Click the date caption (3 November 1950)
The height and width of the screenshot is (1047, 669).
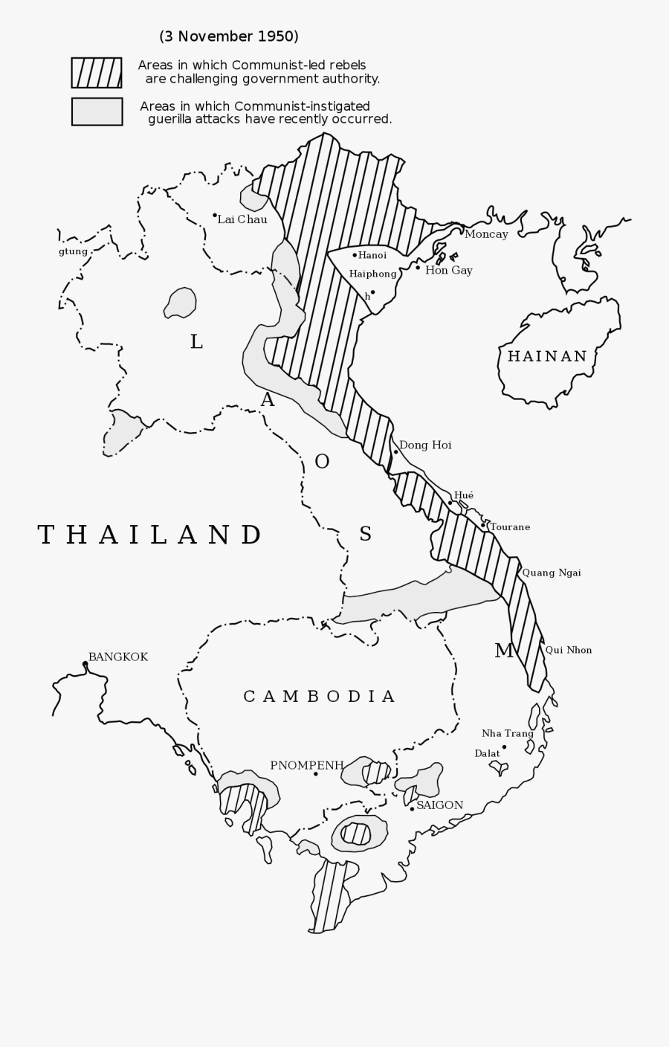click(x=229, y=36)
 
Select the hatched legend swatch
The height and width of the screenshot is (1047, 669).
click(x=97, y=73)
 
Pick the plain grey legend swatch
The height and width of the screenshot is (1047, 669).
click(x=97, y=112)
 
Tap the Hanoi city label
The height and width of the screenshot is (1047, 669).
click(x=372, y=255)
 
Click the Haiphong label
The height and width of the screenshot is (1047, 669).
click(x=372, y=274)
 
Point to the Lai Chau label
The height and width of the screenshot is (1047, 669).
click(x=242, y=219)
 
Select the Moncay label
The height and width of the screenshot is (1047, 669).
click(x=486, y=234)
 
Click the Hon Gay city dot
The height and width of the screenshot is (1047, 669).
click(x=418, y=268)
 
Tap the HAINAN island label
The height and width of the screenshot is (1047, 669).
click(x=547, y=356)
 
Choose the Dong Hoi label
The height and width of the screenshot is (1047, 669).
click(x=425, y=445)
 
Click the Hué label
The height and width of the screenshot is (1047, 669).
click(x=464, y=495)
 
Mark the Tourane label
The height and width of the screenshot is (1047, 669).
click(x=510, y=527)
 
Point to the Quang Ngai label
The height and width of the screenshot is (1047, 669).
click(x=552, y=573)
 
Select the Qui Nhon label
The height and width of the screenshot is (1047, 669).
click(x=569, y=650)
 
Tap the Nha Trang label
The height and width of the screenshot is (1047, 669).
click(x=508, y=733)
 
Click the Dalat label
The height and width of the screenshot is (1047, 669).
click(x=487, y=753)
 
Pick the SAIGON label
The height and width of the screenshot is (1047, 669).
click(x=439, y=805)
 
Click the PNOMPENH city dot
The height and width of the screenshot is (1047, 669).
click(x=316, y=774)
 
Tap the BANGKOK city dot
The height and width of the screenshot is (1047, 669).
click(x=85, y=663)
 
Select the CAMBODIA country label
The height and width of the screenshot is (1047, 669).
click(x=320, y=697)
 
